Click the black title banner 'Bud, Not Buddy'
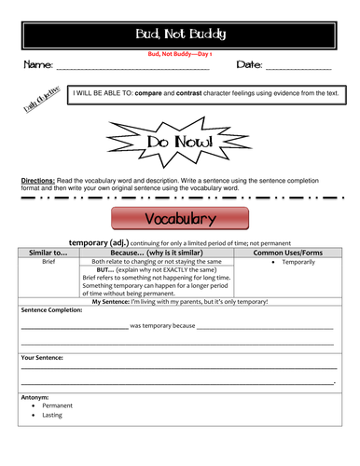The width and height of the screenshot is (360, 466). click(x=180, y=36)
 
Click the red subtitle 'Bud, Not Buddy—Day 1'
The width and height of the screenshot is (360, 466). click(x=180, y=55)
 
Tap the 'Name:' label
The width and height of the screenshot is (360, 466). click(x=36, y=66)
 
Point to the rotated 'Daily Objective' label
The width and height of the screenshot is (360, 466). click(x=43, y=98)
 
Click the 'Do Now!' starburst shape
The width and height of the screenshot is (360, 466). click(x=180, y=141)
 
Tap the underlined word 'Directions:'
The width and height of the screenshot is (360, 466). click(x=39, y=179)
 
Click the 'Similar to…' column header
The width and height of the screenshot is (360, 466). click(x=48, y=252)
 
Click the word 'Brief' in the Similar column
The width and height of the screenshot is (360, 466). click(x=48, y=263)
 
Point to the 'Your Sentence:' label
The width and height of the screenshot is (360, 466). click(x=42, y=357)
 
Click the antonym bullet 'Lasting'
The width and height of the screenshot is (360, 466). click(x=54, y=416)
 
